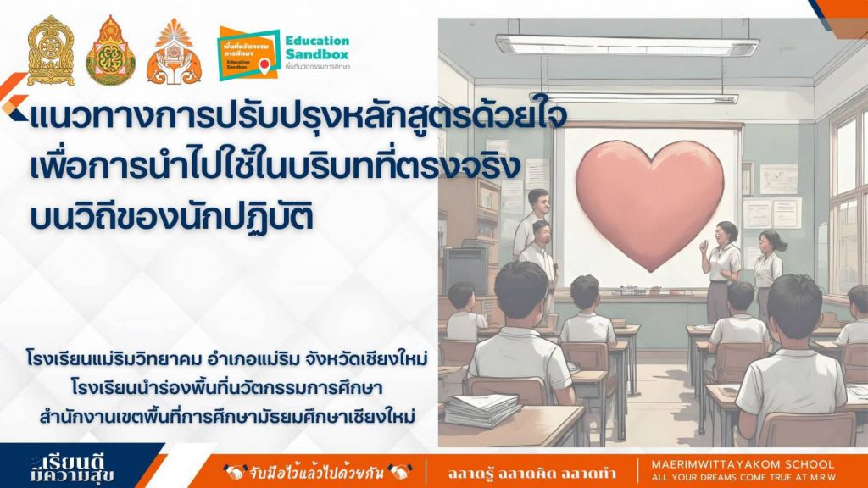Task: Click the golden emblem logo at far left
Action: [x=51, y=50]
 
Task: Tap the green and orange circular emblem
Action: [x=110, y=50]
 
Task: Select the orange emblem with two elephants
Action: [x=174, y=52]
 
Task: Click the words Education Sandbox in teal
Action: [x=317, y=47]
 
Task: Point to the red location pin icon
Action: [x=264, y=66]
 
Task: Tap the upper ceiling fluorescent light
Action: [x=627, y=45]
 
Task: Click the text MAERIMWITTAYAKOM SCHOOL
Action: [x=743, y=465]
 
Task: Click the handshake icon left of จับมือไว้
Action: [x=235, y=473]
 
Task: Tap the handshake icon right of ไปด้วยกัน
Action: [x=400, y=473]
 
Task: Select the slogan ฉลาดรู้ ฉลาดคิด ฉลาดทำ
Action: [x=531, y=474]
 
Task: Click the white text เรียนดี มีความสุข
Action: [x=72, y=469]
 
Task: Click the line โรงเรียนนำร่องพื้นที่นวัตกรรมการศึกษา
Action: [x=227, y=387]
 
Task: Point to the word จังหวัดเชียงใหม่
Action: [x=366, y=359]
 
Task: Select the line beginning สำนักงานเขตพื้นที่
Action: [x=227, y=416]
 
